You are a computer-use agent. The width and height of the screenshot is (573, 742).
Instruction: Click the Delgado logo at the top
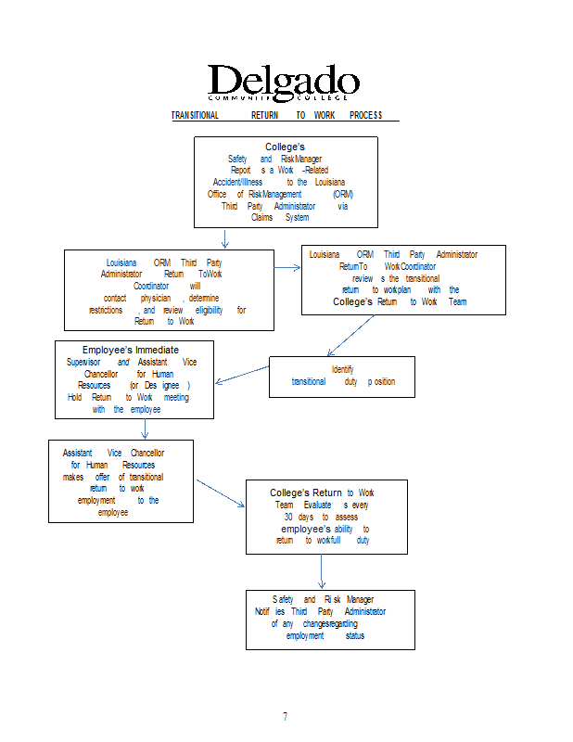283,83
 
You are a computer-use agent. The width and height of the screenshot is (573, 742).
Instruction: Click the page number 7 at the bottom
285,716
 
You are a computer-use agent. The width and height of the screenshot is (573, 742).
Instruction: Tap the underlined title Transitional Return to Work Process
276,115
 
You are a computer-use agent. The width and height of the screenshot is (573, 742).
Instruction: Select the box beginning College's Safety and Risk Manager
286,182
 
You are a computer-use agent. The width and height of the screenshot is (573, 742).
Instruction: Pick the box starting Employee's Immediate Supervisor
135,379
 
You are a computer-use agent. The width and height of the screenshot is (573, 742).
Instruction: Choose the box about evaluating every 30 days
325,517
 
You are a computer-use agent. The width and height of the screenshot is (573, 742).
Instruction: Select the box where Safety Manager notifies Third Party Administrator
329,619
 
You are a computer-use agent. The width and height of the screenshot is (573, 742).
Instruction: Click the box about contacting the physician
169,289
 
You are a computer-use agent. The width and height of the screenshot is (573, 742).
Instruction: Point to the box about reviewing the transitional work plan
403,280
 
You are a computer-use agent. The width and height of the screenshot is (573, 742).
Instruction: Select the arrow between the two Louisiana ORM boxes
288,267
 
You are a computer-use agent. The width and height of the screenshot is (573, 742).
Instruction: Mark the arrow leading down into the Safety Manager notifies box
322,572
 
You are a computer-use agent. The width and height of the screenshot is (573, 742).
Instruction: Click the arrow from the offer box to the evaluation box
220,493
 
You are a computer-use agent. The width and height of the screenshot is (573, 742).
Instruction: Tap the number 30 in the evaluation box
289,517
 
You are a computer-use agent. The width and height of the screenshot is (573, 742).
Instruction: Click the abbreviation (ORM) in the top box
342,194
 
